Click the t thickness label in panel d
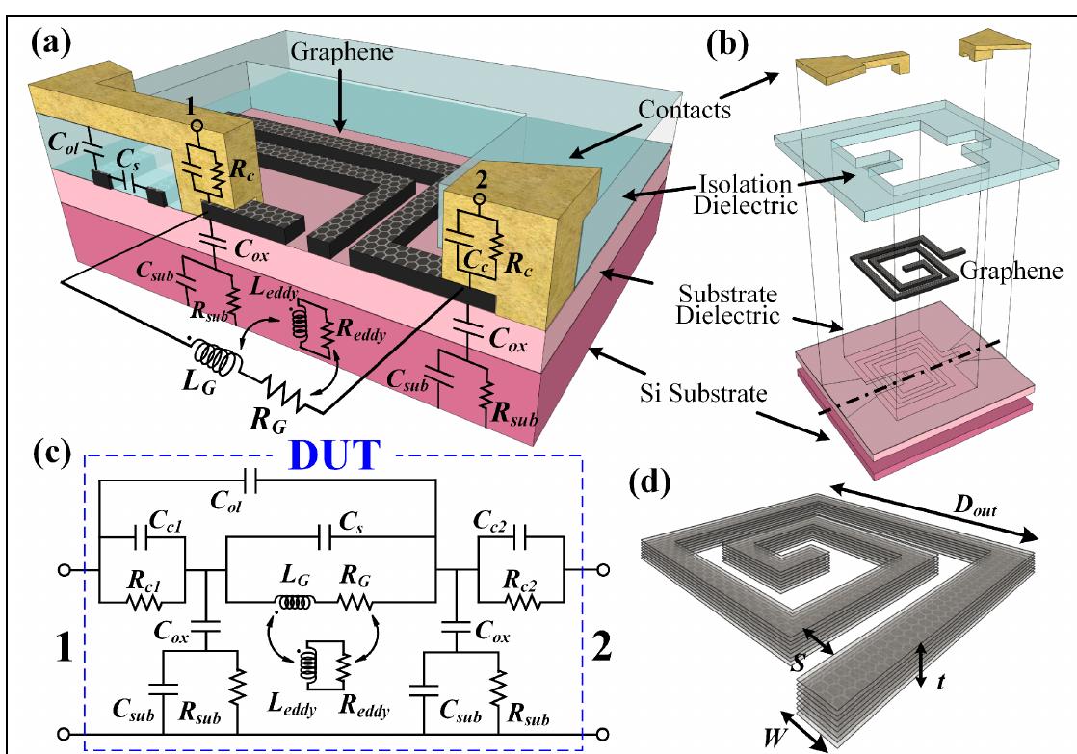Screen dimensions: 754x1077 (954, 680)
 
